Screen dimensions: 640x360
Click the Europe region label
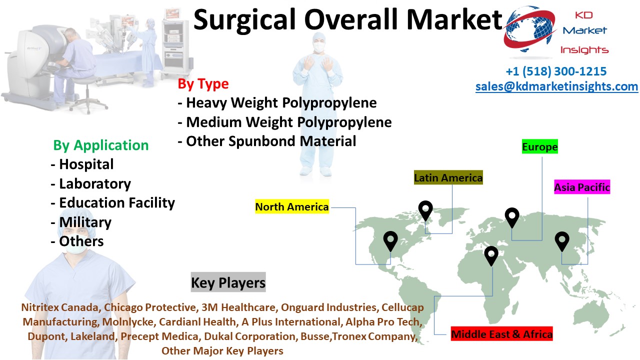(539, 146)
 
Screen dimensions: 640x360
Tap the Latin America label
(448, 177)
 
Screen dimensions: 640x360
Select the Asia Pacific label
(582, 187)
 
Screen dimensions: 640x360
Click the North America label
(291, 206)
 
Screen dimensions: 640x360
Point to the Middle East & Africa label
(501, 333)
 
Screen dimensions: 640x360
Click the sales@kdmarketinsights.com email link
(556, 86)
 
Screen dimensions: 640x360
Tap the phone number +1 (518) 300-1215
(556, 71)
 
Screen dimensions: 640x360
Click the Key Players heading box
(228, 282)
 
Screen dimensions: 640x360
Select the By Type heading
(203, 83)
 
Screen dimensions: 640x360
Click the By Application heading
(101, 145)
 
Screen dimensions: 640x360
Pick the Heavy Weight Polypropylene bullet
(277, 102)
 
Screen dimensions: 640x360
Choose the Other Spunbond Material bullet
(267, 141)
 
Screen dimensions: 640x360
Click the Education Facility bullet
(113, 202)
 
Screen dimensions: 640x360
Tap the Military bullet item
(81, 222)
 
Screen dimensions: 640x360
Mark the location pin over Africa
(491, 255)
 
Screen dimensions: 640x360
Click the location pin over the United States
(390, 241)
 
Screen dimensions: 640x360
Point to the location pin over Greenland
(425, 210)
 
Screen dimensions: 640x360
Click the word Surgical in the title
(244, 20)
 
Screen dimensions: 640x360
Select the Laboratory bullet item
(91, 183)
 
